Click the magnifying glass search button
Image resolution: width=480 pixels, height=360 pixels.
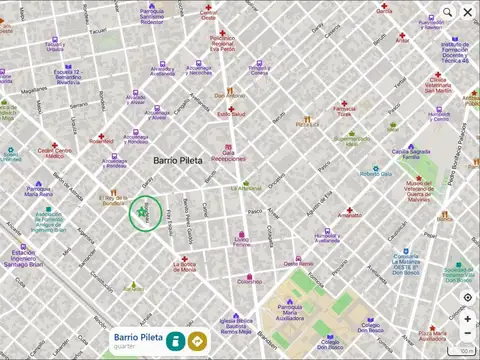[x=448, y=12]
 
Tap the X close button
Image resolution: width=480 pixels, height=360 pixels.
[x=469, y=12]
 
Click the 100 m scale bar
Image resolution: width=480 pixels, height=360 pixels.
[x=466, y=351]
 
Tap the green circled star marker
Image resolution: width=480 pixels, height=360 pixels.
[x=147, y=213]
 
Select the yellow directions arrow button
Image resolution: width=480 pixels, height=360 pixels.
[x=198, y=341]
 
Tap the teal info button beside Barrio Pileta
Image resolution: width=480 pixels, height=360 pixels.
[x=175, y=341]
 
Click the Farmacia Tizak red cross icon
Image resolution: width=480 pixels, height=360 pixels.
[x=344, y=100]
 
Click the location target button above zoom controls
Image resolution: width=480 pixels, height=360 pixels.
[x=467, y=298]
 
